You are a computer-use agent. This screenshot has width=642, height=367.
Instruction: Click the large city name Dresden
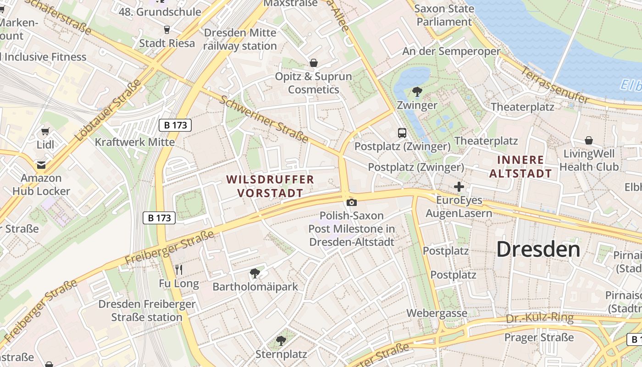pos(538,250)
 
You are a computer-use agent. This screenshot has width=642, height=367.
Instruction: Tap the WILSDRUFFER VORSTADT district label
pos(270,186)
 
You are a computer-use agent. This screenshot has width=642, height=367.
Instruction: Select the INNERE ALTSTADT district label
pos(520,167)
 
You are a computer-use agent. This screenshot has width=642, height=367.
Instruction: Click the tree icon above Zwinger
pos(417,92)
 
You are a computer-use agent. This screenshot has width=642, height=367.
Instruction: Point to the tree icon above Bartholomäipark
pos(255,274)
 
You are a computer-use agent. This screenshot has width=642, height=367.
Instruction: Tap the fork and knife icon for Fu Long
pos(179,270)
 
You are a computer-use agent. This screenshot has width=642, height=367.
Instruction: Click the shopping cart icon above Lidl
pos(45,132)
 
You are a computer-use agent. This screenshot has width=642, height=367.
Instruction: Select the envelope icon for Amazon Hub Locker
pos(41,165)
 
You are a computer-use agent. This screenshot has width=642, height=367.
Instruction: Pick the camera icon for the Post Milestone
pos(352,202)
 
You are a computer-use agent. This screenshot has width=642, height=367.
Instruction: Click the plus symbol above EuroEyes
pos(459,187)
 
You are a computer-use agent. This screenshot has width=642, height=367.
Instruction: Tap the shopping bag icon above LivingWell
pos(589,140)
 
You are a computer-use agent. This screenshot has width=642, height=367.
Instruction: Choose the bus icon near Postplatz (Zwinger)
pos(402,133)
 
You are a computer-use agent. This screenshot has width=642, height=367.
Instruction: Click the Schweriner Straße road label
pos(264,119)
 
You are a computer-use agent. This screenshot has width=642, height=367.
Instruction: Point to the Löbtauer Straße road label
pos(108,111)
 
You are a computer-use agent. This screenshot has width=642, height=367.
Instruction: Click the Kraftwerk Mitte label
pos(134,142)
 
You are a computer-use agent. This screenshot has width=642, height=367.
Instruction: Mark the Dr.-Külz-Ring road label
pos(540,318)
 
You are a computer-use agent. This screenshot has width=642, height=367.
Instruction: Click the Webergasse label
pos(437,313)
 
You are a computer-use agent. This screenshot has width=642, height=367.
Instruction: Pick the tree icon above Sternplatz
pos(281,341)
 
